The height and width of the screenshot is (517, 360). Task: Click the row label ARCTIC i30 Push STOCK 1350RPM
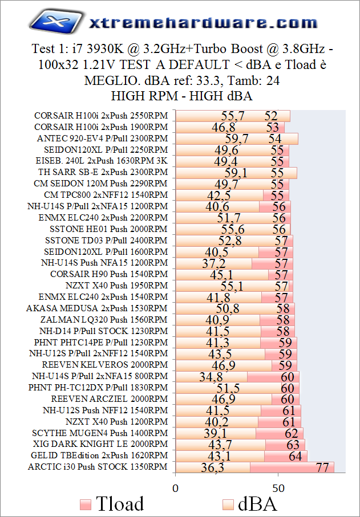point(98,467)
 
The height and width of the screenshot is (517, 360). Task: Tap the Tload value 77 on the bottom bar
point(325,467)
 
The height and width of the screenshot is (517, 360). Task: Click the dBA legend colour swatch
point(229,504)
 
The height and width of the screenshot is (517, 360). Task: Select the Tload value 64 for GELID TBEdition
point(296,456)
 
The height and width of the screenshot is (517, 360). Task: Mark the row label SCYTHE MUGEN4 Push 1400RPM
point(100,433)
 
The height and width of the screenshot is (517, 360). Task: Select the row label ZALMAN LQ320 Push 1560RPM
point(102,320)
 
